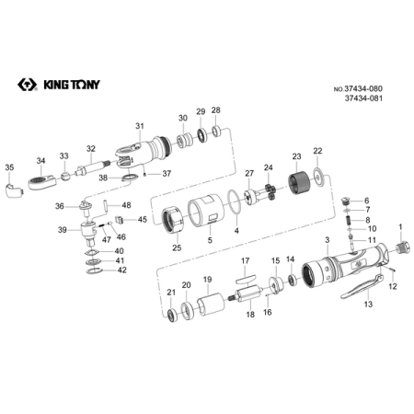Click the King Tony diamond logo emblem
tap(28, 85)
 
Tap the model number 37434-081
tap(363, 98)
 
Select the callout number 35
tap(9, 167)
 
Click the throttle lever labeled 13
tap(362, 286)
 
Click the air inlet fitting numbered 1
tap(402, 247)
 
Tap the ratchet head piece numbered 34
tap(42, 182)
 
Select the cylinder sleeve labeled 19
tap(211, 304)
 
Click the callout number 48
tap(126, 205)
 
